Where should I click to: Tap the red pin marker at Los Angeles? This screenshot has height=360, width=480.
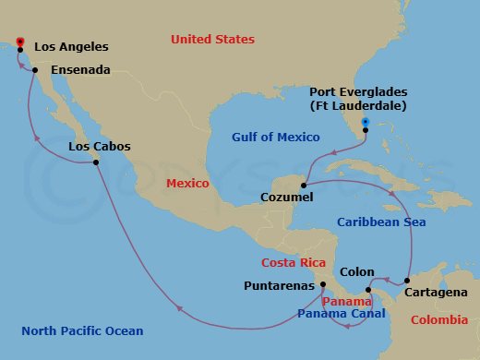19,40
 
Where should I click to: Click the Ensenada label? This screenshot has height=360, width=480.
81,70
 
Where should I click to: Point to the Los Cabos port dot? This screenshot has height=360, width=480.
96,162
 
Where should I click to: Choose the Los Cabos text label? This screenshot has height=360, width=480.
100,147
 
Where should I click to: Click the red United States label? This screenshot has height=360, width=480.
212,39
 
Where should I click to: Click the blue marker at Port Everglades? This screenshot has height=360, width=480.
366,122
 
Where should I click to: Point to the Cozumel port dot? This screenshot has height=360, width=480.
303,184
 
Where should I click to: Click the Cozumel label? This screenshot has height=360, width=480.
286,198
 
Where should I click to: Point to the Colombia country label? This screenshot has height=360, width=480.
437,321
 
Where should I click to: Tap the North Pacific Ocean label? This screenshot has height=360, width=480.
82,330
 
